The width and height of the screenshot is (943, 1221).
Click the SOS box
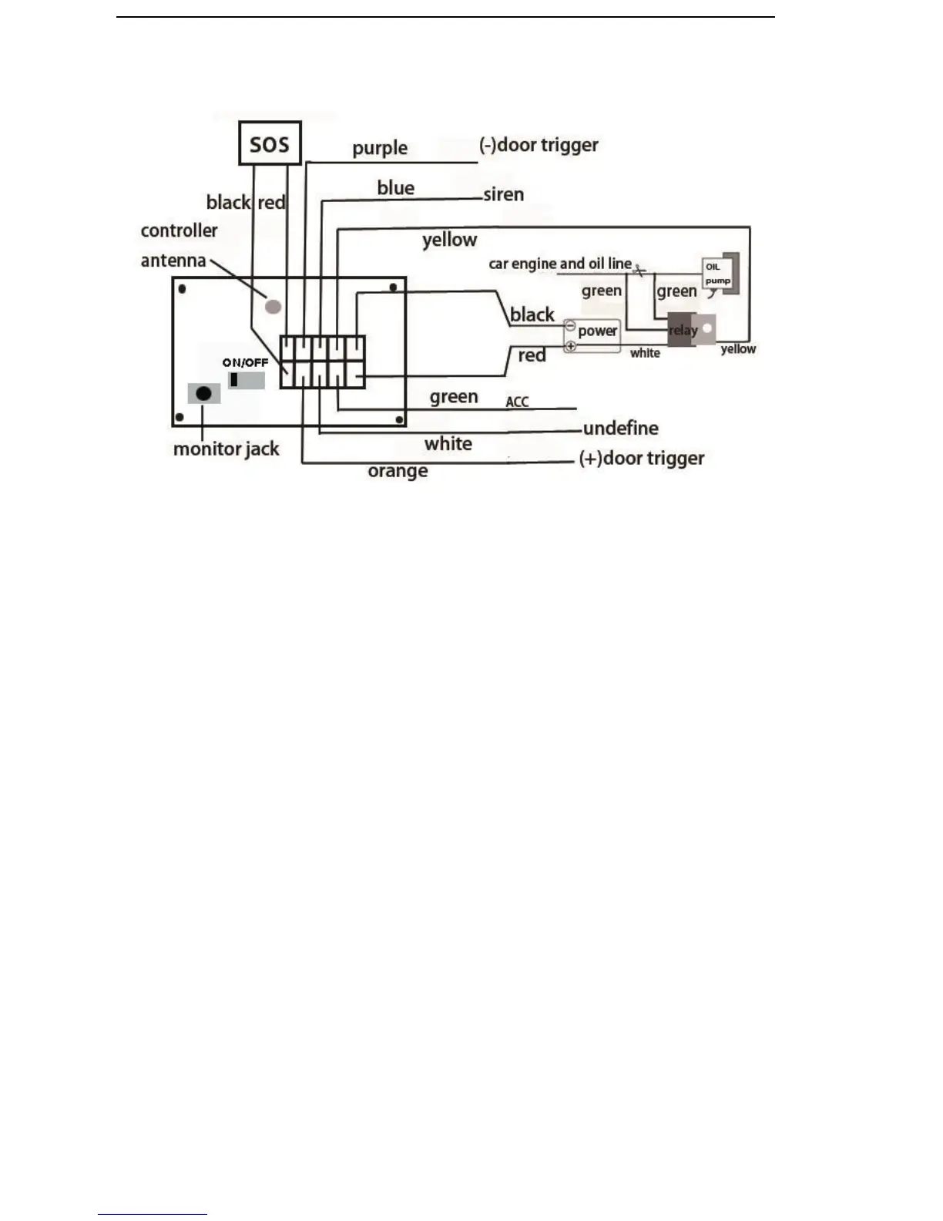269,143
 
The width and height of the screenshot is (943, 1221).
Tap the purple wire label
380,148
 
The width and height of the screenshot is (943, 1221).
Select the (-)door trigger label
539,145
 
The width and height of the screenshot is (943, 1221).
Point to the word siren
504,194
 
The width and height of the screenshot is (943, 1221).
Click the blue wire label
396,188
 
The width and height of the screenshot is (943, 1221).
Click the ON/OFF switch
246,380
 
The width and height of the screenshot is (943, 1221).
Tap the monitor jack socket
203,394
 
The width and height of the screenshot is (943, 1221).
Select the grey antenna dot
273,306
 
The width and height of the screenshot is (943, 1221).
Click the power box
592,335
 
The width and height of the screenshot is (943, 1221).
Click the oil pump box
718,274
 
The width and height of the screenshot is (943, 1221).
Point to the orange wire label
398,471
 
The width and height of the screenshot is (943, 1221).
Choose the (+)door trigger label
641,459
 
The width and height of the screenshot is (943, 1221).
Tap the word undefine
621,429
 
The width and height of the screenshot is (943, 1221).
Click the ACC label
517,402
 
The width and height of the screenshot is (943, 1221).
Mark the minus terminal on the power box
570,326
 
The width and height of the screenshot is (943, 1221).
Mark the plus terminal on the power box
570,346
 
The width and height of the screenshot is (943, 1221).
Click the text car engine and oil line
560,264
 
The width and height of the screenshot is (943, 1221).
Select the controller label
179,230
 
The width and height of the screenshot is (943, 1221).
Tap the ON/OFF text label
245,362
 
